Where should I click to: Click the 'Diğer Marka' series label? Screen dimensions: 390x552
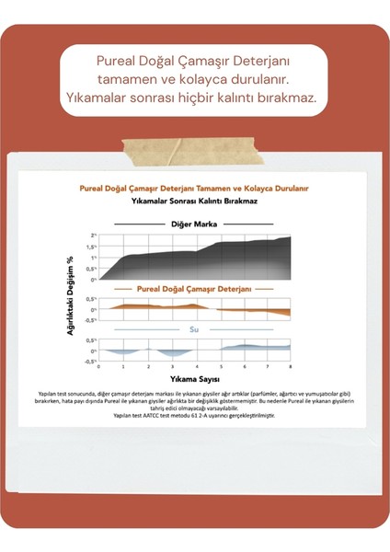(x=193, y=224)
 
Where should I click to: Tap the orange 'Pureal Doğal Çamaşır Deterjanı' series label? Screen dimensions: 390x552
(x=194, y=288)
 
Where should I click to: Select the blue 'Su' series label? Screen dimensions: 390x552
(x=194, y=329)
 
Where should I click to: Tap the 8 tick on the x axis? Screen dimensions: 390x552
(x=290, y=366)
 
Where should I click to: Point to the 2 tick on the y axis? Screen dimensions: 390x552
(x=91, y=236)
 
